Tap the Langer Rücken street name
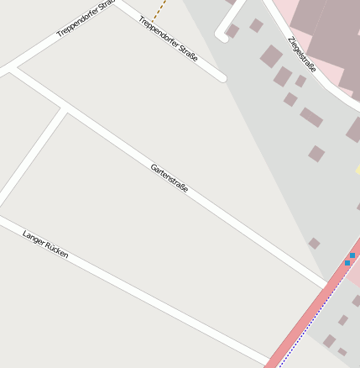45,244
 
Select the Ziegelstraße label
301,55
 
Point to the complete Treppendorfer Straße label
168,39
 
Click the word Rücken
56,249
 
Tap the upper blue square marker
352,255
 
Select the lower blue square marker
347,263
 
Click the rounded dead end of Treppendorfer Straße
222,78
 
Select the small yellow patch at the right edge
357,169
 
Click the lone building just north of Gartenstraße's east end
314,243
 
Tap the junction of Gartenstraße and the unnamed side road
65,109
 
